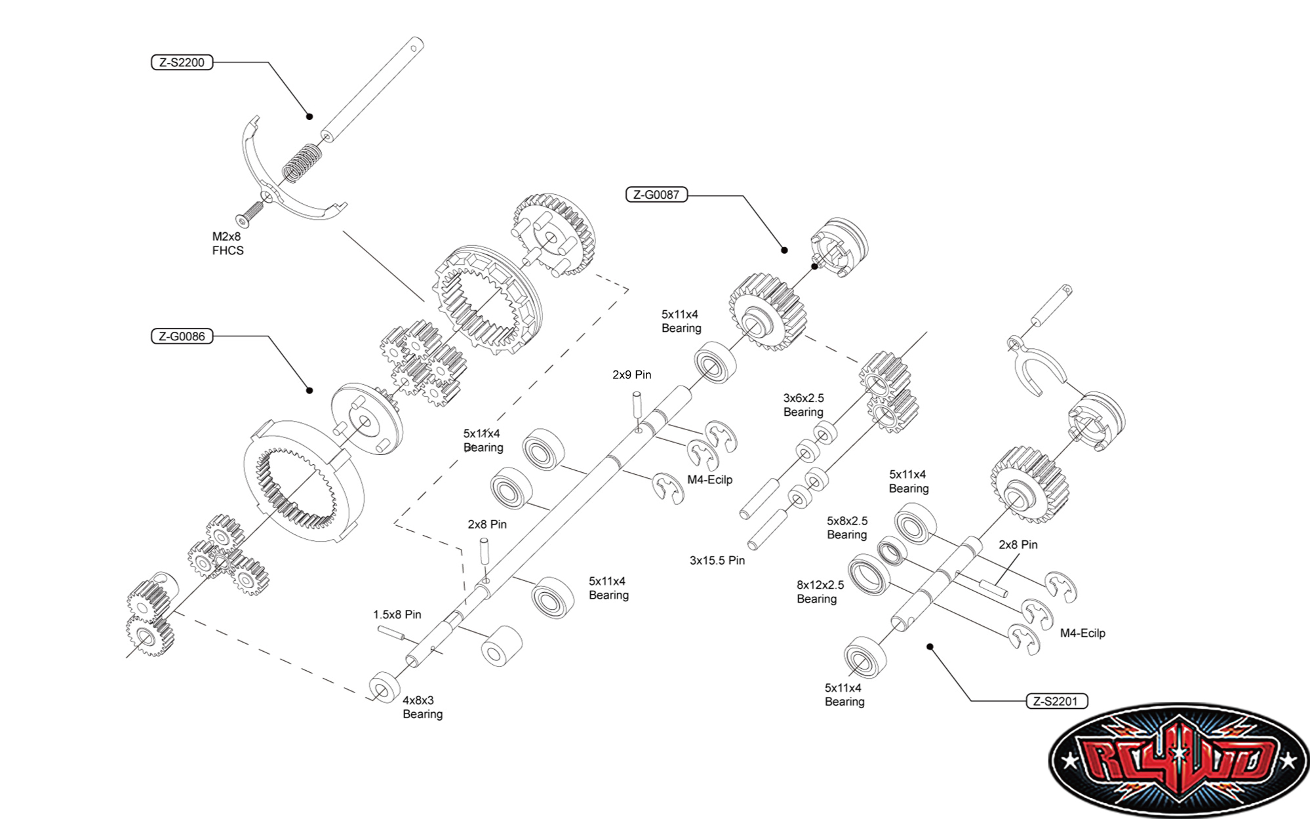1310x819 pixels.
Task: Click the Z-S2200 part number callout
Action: [182, 63]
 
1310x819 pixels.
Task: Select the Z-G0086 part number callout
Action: [182, 336]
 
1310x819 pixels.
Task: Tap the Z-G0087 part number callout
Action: [656, 195]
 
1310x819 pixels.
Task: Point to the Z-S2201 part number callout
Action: [1056, 701]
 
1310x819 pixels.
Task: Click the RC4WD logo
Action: [1178, 760]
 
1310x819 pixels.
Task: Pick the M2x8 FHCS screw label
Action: [228, 243]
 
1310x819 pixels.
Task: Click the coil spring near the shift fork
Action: [302, 163]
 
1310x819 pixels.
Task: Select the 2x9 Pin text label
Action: [631, 375]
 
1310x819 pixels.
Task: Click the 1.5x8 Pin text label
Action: [397, 615]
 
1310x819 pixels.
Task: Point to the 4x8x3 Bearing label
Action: [422, 708]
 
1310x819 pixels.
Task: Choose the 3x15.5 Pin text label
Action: [717, 561]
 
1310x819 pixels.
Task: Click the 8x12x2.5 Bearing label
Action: [820, 592]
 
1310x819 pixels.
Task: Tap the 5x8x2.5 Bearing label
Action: [846, 528]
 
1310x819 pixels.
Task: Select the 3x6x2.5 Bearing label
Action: [803, 405]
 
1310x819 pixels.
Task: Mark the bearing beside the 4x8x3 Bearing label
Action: [384, 687]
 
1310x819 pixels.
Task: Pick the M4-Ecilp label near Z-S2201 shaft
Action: [1082, 633]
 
